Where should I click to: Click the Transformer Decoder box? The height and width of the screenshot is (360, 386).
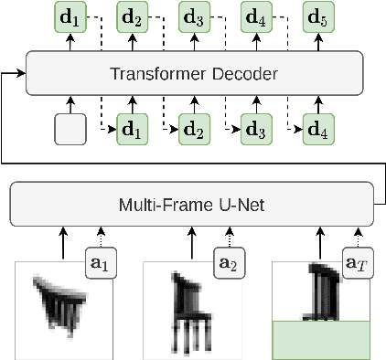click(195, 73)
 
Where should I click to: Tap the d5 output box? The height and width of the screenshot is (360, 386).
click(317, 17)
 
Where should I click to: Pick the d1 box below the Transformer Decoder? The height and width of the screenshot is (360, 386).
click(133, 130)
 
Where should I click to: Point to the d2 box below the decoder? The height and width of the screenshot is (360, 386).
click(194, 130)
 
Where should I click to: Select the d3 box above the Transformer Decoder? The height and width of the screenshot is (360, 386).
click(194, 17)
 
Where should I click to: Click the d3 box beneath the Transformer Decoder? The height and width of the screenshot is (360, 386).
click(256, 130)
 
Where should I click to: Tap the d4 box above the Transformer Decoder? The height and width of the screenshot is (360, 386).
click(256, 17)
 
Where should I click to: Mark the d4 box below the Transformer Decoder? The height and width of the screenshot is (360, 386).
click(317, 130)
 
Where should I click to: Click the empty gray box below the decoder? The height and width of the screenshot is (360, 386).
click(70, 130)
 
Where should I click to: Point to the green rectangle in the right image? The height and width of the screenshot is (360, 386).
click(321, 340)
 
